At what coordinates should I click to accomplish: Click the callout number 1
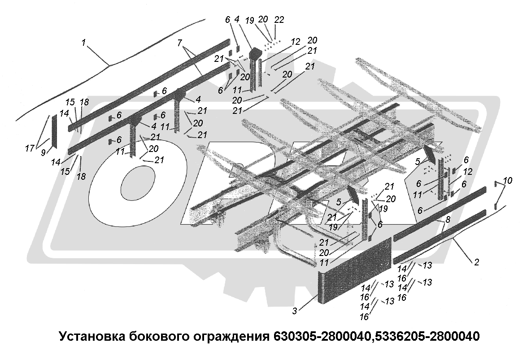pyautogui.click(x=83, y=44)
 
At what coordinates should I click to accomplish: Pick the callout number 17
pyautogui.click(x=30, y=148)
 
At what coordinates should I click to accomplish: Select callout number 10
pyautogui.click(x=507, y=181)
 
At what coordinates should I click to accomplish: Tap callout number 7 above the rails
pyautogui.click(x=179, y=43)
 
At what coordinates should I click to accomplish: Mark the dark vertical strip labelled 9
pyautogui.click(x=54, y=130)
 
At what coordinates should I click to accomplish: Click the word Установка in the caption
pyautogui.click(x=91, y=337)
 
